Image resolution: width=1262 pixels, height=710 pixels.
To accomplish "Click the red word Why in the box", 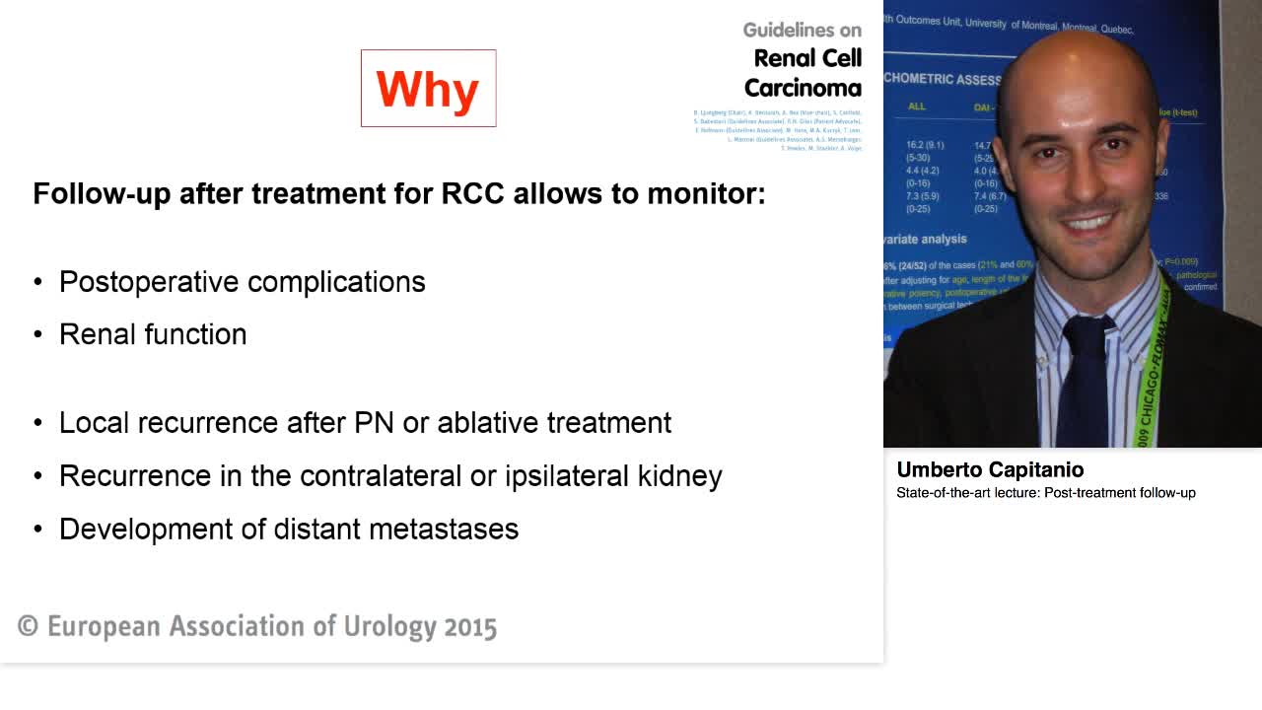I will coord(428,89).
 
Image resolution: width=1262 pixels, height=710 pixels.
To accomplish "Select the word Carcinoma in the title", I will coord(803,88).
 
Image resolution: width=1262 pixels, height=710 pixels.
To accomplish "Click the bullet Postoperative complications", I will coord(242,282).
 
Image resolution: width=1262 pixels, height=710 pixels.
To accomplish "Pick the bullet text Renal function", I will coord(153,334).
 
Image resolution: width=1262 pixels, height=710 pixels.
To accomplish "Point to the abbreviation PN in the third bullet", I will coord(375,423).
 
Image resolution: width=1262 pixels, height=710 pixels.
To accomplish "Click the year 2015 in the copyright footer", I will coord(470,627).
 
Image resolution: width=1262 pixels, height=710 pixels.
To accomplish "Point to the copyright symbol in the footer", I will coord(29,627).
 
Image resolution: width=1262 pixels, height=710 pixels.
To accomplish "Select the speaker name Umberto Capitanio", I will coord(990,470).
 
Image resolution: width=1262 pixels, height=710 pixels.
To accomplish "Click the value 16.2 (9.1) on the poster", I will coord(925,145).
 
